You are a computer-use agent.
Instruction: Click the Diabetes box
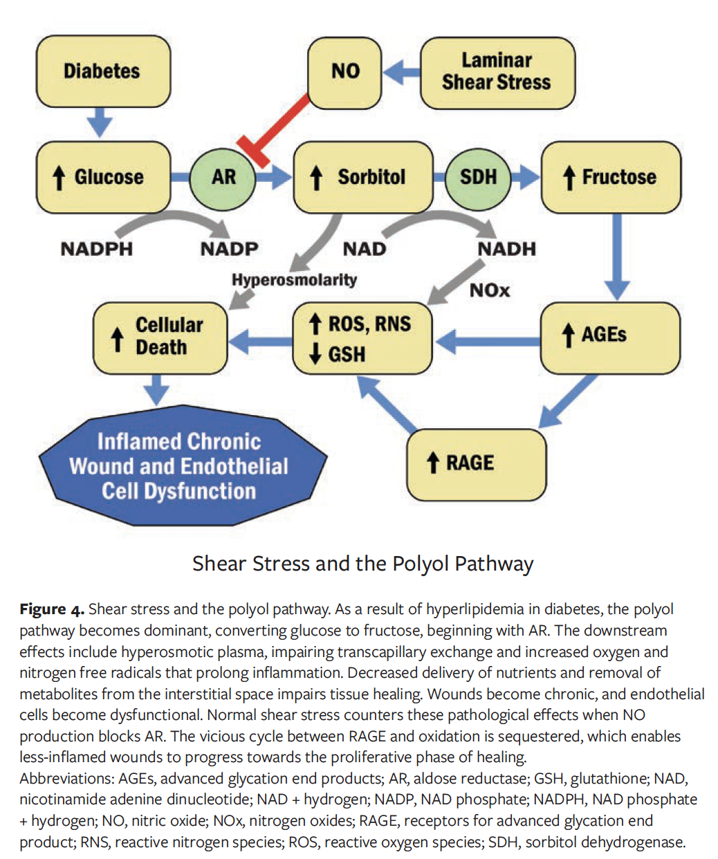click(102, 71)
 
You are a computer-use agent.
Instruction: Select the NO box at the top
click(344, 71)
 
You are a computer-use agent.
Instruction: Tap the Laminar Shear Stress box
click(497, 72)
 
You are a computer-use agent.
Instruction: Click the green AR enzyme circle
click(223, 177)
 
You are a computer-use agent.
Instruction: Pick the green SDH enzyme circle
click(478, 177)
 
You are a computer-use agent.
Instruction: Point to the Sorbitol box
click(363, 177)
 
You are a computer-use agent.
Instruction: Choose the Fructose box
click(611, 177)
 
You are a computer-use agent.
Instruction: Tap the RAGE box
click(476, 463)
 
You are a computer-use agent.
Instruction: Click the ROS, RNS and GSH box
click(362, 338)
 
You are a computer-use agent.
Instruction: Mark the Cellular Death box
click(160, 338)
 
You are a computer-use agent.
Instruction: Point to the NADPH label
click(96, 249)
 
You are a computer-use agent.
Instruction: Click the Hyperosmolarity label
click(294, 280)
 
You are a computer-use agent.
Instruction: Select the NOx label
click(490, 290)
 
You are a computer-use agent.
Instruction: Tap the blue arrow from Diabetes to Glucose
click(100, 123)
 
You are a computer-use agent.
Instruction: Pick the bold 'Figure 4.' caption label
click(52, 609)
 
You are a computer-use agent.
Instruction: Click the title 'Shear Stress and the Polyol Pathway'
click(362, 564)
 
